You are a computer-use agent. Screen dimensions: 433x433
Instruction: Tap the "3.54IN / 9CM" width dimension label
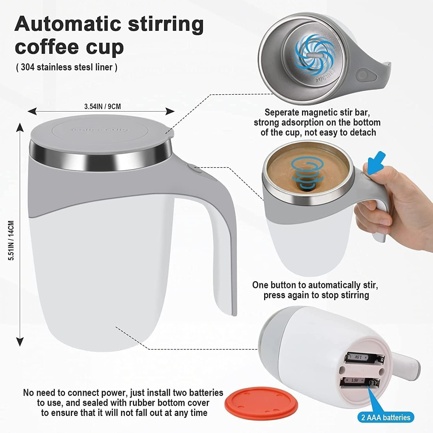102,107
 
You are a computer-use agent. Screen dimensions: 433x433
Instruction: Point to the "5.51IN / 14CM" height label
11,240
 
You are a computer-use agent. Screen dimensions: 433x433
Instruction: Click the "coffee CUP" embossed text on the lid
100,130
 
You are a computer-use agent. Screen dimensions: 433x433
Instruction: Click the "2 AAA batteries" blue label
386,417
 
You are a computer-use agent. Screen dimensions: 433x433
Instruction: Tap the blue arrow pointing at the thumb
377,163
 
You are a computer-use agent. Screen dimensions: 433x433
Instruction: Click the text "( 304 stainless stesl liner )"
66,67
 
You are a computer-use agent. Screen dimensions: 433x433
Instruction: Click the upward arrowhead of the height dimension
20,127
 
